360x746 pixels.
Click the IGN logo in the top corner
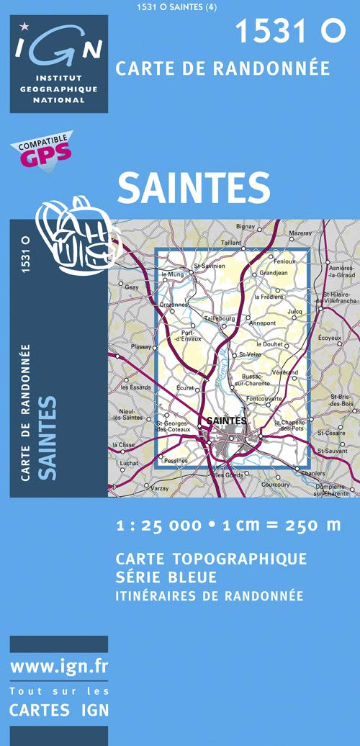pyautogui.click(x=58, y=63)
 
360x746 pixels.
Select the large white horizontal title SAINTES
pyautogui.click(x=194, y=188)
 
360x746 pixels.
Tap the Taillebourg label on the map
pyautogui.click(x=220, y=318)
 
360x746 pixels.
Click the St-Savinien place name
pyautogui.click(x=210, y=266)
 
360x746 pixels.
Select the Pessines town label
pyautogui.click(x=176, y=460)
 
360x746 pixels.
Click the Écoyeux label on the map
pyautogui.click(x=329, y=338)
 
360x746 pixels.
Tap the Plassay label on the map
pyautogui.click(x=141, y=347)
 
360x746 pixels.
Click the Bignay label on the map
pyautogui.click(x=246, y=227)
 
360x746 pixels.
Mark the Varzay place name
pyautogui.click(x=159, y=488)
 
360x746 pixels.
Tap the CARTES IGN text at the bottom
pyautogui.click(x=59, y=710)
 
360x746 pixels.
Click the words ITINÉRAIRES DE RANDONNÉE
pyautogui.click(x=209, y=596)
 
